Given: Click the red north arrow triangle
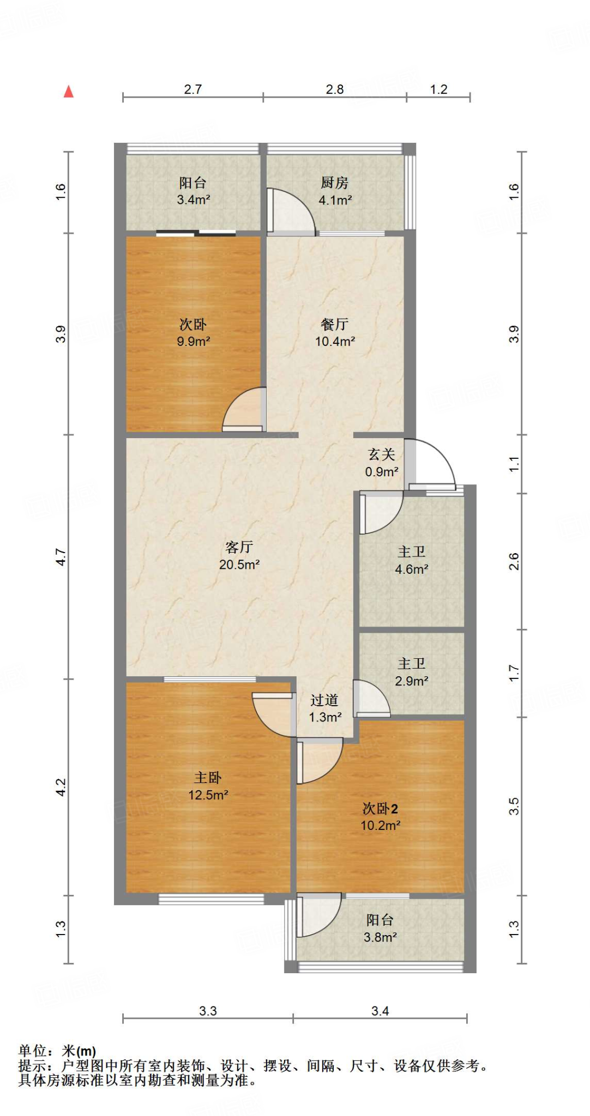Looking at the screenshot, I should [x=69, y=92].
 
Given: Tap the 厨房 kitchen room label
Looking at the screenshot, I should [x=335, y=191].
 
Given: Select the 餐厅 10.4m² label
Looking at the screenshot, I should [x=335, y=333].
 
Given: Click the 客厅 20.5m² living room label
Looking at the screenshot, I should [x=239, y=555].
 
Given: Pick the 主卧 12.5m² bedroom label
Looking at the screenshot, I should [x=208, y=786].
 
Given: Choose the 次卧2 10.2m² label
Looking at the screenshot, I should [x=380, y=817].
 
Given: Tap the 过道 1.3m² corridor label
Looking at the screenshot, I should [x=325, y=708].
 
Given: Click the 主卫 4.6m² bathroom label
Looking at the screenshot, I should [x=411, y=560].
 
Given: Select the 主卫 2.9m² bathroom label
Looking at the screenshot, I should [x=411, y=672].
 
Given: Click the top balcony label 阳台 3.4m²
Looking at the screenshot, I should [x=193, y=191].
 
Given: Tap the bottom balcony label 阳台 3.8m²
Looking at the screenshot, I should [x=380, y=929].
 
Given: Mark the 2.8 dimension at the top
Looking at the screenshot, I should [x=335, y=89].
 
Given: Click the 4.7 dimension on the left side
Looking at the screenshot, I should [x=61, y=557].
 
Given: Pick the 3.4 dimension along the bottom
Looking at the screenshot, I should [x=380, y=1011].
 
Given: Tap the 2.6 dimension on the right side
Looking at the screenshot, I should [x=514, y=561].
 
